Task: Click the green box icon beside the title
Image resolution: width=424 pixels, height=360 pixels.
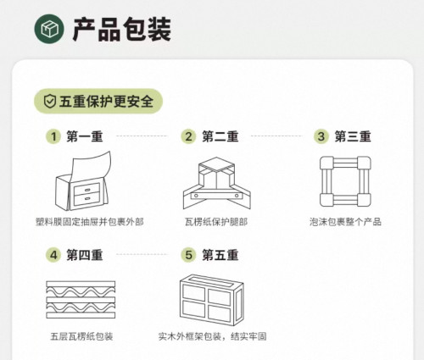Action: (x=49, y=29)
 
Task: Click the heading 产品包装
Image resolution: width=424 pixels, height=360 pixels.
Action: (x=122, y=30)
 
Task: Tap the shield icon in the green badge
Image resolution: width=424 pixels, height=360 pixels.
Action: (x=50, y=101)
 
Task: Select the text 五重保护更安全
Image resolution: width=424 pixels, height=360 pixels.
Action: (x=106, y=101)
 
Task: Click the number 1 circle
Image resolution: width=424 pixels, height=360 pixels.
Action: (x=53, y=136)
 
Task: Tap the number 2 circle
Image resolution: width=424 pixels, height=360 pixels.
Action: (x=188, y=136)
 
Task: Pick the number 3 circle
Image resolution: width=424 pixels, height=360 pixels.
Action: (x=321, y=136)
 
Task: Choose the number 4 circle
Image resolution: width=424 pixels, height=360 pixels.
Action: (x=53, y=255)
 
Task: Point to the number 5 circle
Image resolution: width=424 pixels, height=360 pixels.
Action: (x=188, y=255)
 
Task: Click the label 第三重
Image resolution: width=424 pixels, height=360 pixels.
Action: (x=353, y=136)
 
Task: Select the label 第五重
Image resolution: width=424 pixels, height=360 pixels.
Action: (x=220, y=255)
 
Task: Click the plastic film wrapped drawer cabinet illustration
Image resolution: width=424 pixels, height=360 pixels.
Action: (x=82, y=181)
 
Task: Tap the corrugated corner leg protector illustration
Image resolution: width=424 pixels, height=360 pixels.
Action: (x=217, y=183)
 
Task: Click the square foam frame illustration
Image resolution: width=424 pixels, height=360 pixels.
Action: (x=345, y=181)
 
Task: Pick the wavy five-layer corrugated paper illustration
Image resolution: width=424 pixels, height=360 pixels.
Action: (x=81, y=299)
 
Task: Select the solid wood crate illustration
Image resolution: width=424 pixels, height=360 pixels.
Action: (x=211, y=300)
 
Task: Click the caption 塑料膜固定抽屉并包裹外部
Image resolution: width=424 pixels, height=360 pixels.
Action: (x=90, y=222)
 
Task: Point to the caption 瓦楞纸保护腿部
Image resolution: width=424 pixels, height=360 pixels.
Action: (x=216, y=222)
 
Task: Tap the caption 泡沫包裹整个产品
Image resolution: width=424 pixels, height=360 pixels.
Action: (x=345, y=222)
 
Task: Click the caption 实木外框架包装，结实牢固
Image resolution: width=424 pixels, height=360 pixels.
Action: (x=212, y=336)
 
